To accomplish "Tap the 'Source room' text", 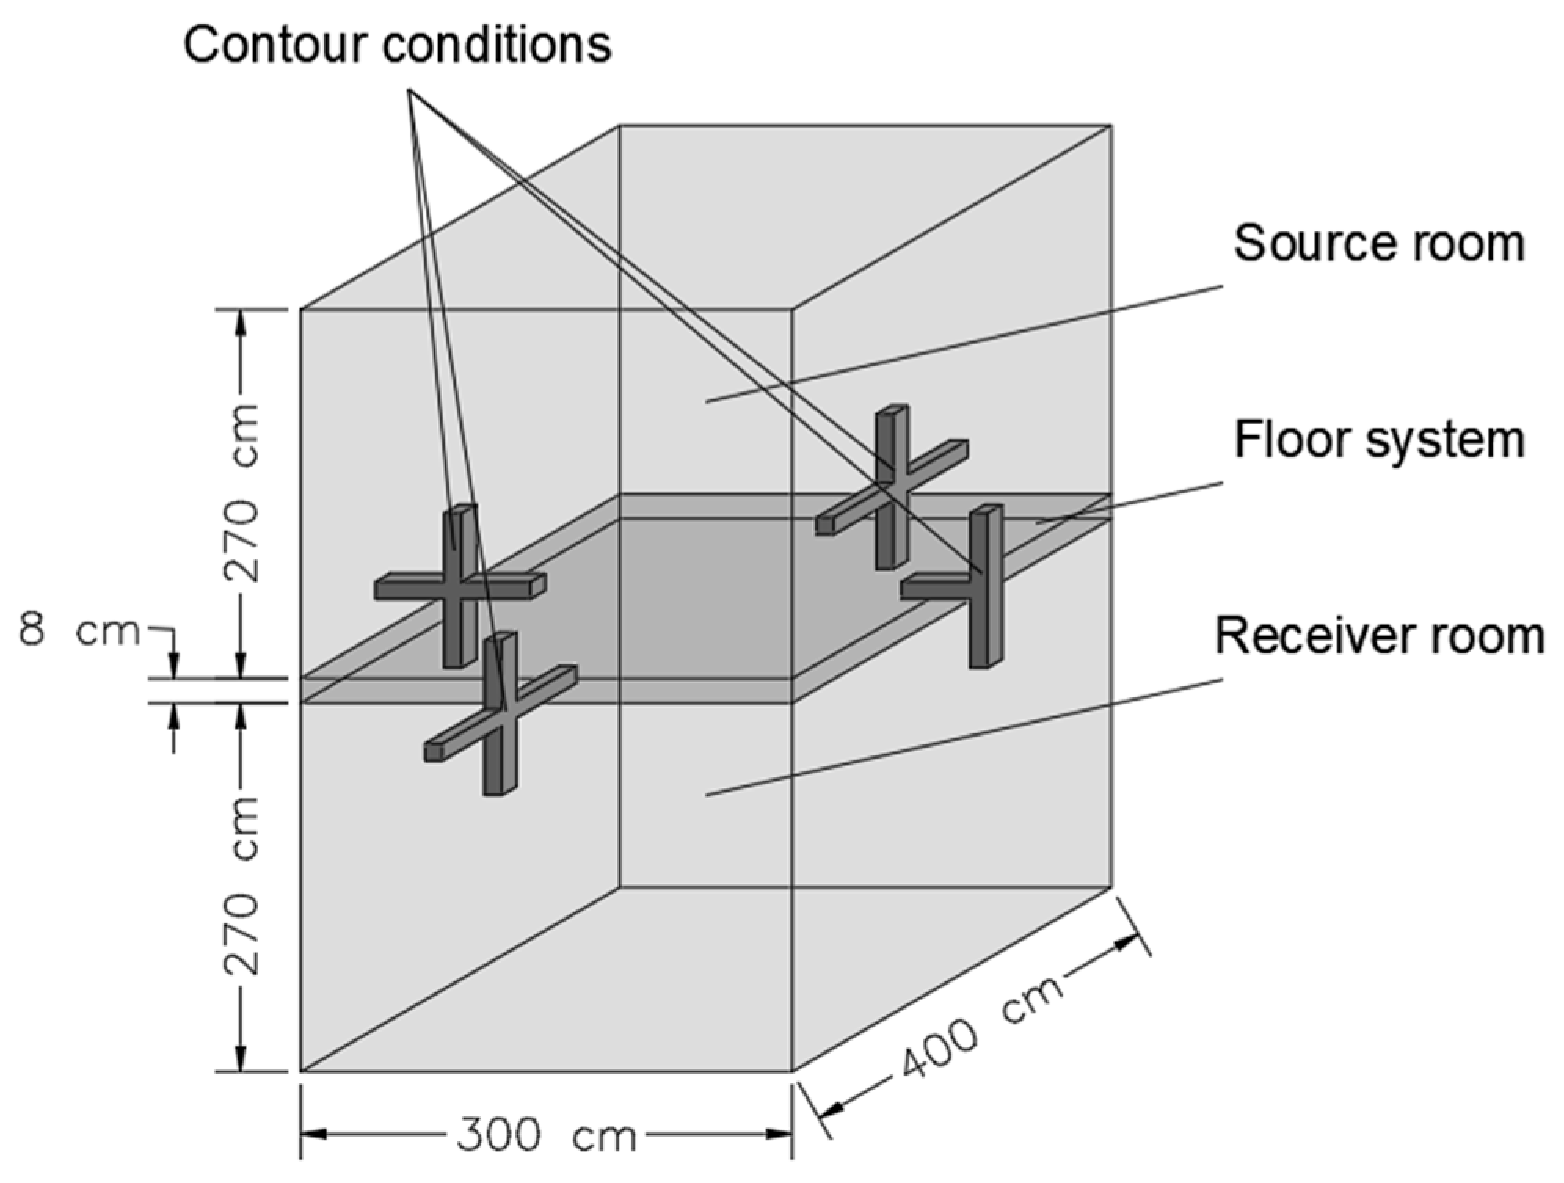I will (1379, 243).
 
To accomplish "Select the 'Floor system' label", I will (1379, 440).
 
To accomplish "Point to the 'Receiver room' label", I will (1379, 636).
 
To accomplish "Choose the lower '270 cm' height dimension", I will (241, 886).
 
